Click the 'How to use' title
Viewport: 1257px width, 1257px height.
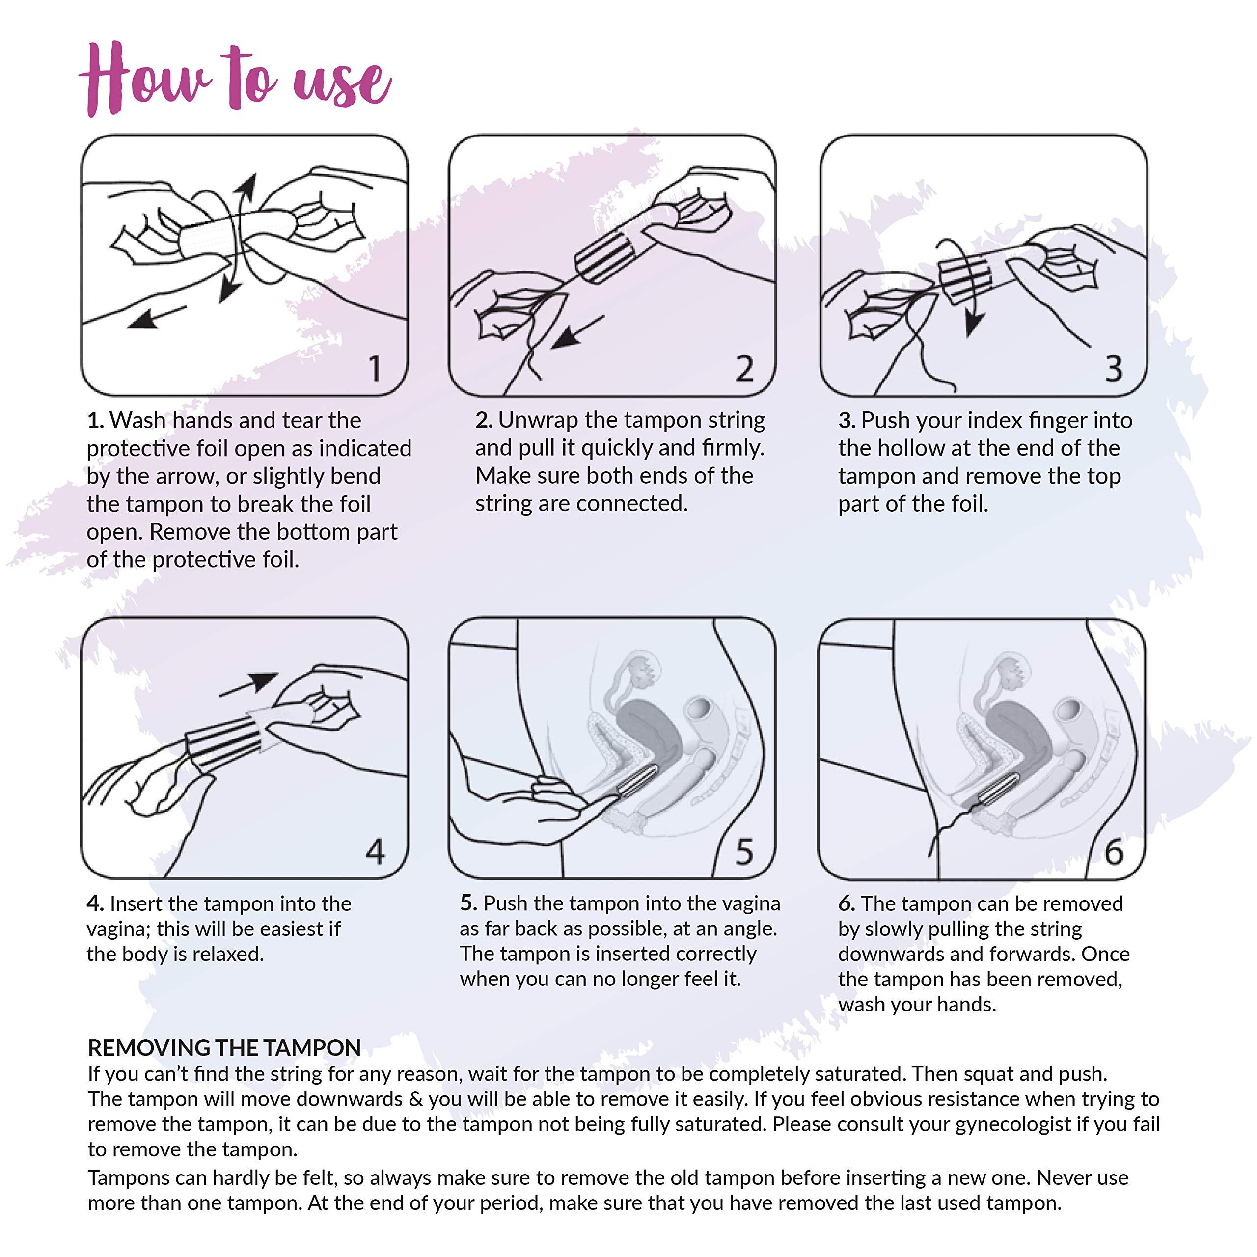click(x=236, y=80)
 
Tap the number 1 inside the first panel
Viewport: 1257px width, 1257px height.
click(x=375, y=368)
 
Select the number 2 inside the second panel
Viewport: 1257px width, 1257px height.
click(x=744, y=368)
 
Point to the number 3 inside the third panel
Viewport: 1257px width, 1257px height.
click(x=1113, y=368)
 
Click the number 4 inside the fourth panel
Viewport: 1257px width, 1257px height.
click(x=375, y=851)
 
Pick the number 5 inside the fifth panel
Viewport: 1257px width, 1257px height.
click(x=744, y=851)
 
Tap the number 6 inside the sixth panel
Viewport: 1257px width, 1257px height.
click(x=1113, y=851)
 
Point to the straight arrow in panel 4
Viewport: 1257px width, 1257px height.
click(x=249, y=684)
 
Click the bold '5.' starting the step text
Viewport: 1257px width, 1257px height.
click(x=468, y=903)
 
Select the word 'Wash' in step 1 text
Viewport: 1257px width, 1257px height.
click(x=137, y=420)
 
